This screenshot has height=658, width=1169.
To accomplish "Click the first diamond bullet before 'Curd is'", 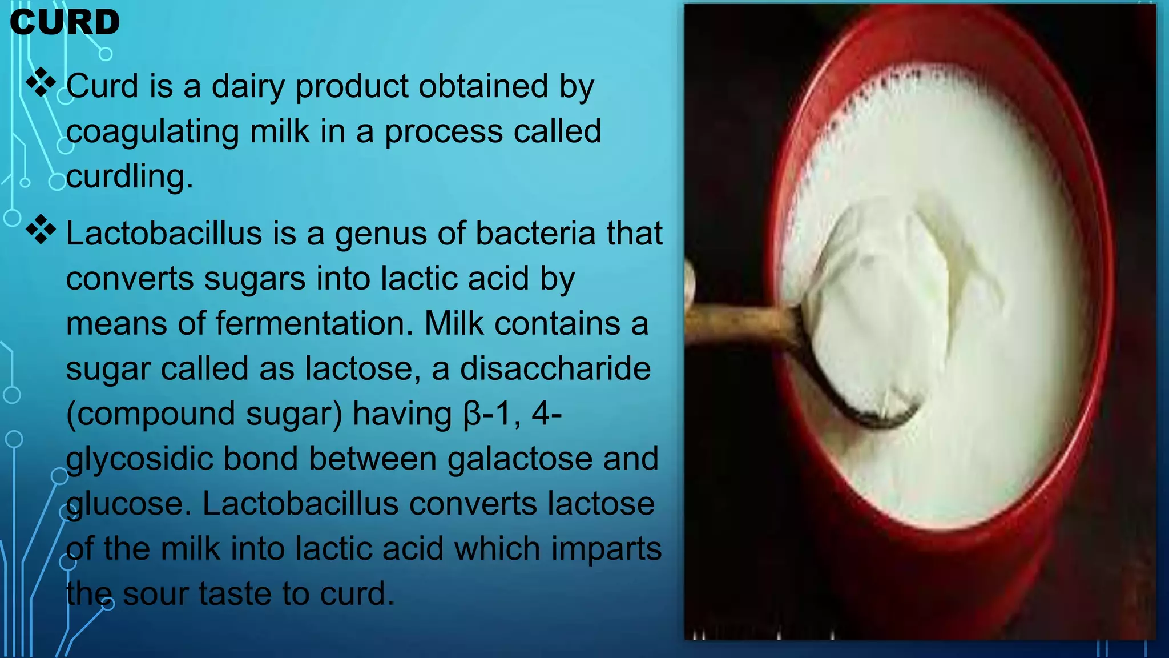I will [x=41, y=82].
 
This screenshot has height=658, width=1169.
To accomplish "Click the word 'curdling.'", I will [x=130, y=176].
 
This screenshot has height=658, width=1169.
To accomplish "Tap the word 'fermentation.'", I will [x=314, y=323].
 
